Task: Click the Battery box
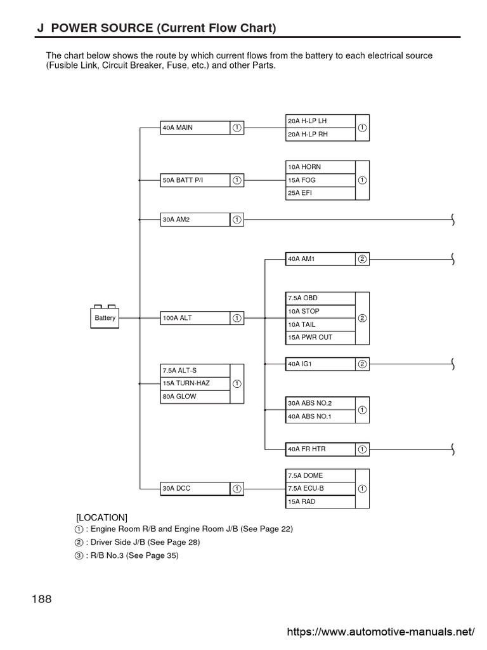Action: (x=105, y=317)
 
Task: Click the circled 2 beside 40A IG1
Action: (x=362, y=364)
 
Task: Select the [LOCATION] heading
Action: (x=101, y=517)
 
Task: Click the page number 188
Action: (x=41, y=599)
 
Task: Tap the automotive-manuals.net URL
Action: (x=380, y=632)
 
